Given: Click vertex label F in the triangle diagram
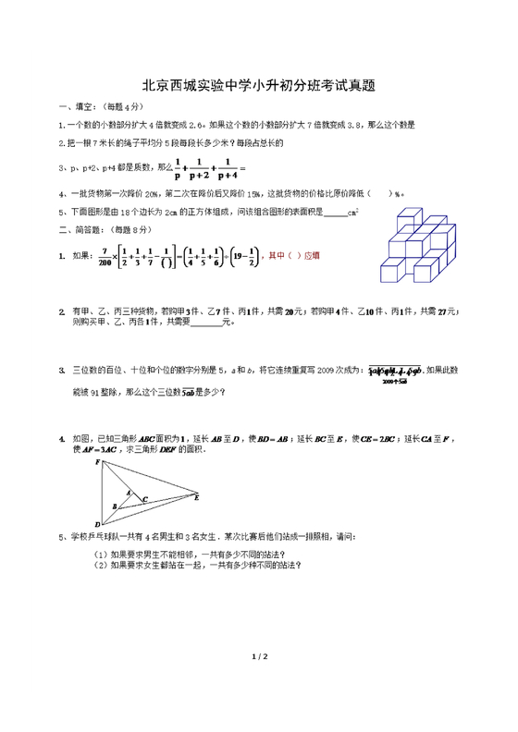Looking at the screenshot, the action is tap(97, 460).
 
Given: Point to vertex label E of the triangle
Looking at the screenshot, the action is tap(197, 497).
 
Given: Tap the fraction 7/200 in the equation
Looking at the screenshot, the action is tap(105, 255).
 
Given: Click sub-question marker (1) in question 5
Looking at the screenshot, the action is tap(100, 554).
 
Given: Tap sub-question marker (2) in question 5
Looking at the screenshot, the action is tap(100, 565).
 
